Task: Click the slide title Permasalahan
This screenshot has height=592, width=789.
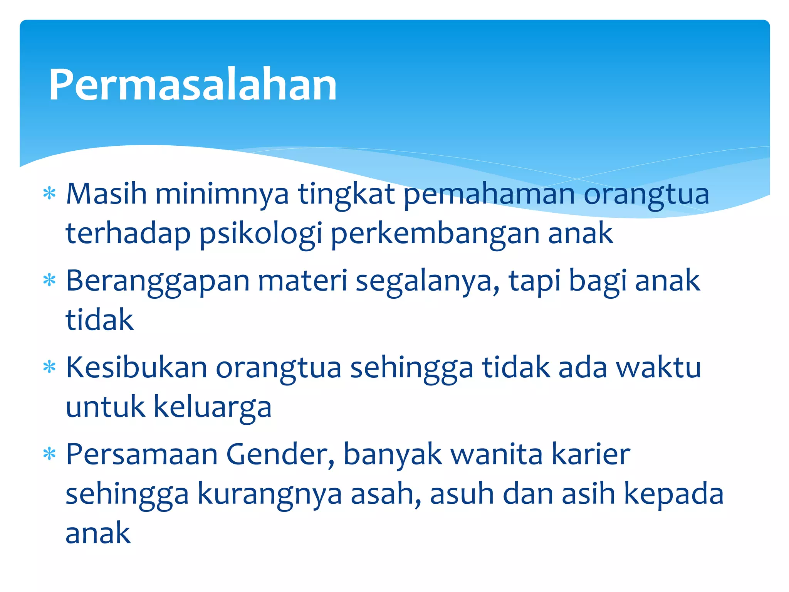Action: point(193,85)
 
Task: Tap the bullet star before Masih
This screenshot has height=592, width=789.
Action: point(50,193)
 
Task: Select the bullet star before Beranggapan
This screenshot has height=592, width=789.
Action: point(50,280)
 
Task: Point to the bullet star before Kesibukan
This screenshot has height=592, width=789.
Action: point(50,367)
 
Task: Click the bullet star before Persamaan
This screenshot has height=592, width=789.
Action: point(50,454)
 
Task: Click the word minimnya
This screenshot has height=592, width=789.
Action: point(222,194)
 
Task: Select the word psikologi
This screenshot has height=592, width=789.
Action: point(260,234)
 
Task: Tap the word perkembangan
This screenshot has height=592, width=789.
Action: point(435,234)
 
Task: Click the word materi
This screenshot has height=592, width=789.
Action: point(303,281)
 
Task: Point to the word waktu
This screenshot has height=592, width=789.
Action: point(658,368)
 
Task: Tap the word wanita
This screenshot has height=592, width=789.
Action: point(497,454)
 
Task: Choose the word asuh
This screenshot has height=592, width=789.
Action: point(462,494)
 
